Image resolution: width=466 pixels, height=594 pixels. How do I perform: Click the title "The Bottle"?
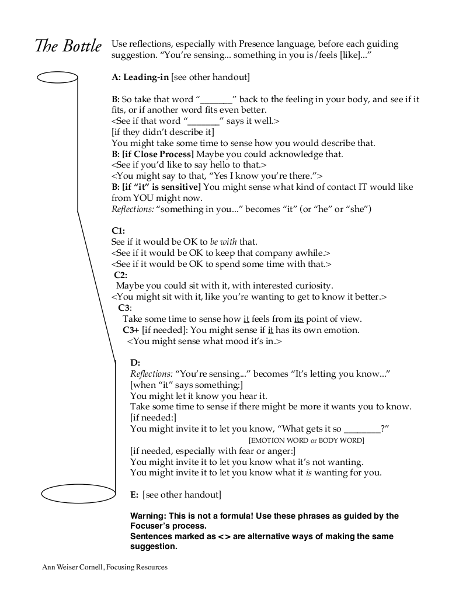coord(68,46)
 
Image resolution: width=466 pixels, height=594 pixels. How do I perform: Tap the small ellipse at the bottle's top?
coord(57,77)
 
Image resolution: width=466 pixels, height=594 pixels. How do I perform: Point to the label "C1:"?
coord(118,230)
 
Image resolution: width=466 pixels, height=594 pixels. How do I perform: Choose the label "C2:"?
coord(120,275)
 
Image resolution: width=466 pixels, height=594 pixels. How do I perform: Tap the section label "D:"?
coord(135,363)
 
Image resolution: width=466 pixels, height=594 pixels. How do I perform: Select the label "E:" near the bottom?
coord(134,495)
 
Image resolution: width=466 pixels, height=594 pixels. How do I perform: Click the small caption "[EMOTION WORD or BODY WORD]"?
coord(306,440)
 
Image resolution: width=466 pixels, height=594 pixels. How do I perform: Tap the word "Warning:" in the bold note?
coord(148,516)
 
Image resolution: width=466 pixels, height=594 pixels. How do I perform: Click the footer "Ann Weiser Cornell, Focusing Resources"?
coord(105,567)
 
